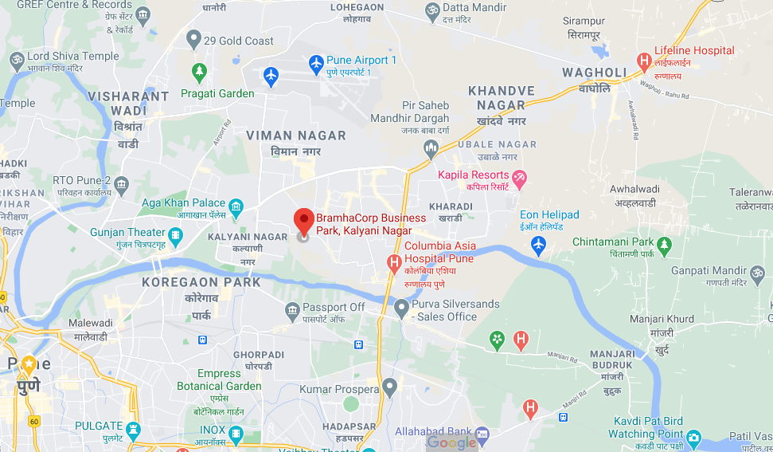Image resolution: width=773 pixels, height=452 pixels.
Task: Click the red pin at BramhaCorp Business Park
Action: click(x=303, y=220)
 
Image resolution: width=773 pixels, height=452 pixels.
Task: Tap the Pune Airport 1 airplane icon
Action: click(x=316, y=61)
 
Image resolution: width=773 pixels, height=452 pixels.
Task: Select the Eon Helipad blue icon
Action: click(x=539, y=246)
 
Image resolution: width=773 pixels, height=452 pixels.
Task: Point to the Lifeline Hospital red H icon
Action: click(x=644, y=61)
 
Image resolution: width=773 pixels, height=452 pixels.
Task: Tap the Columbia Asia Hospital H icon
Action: click(x=393, y=262)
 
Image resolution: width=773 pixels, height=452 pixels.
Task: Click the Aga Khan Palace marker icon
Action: click(x=236, y=204)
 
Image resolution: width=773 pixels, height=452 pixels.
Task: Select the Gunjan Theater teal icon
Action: click(x=176, y=234)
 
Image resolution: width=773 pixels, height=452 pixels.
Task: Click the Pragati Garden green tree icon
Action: click(x=198, y=73)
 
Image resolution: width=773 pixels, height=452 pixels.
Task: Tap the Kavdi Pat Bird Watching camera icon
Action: click(x=693, y=437)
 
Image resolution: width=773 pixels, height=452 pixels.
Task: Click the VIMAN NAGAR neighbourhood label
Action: click(x=295, y=136)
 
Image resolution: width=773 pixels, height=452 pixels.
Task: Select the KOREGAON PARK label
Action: click(x=201, y=282)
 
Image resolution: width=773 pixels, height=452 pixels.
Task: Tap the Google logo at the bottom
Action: click(x=451, y=442)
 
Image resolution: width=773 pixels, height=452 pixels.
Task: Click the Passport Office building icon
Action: click(x=292, y=309)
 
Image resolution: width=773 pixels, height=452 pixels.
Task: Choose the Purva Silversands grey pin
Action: click(x=402, y=306)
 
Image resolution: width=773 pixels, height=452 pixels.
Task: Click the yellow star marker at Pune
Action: click(x=29, y=364)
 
